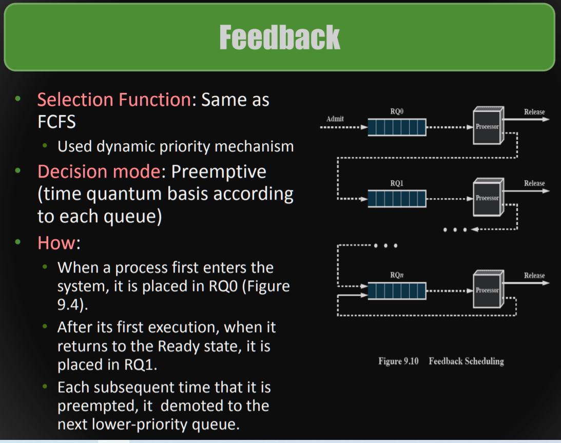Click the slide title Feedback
[279, 37]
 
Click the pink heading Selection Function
[114, 100]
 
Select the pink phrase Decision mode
[99, 171]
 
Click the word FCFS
[56, 122]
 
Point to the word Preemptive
[219, 172]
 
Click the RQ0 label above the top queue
[397, 111]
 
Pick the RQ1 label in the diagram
[397, 183]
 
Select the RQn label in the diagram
[397, 275]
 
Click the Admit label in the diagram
[335, 119]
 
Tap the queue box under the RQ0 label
[397, 127]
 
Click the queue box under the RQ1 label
[397, 199]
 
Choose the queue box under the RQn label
[397, 291]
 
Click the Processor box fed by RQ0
[488, 126]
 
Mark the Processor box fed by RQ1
[488, 197]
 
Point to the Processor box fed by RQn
[488, 289]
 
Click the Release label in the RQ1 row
[534, 183]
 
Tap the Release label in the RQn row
[534, 276]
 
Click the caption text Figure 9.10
[399, 361]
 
